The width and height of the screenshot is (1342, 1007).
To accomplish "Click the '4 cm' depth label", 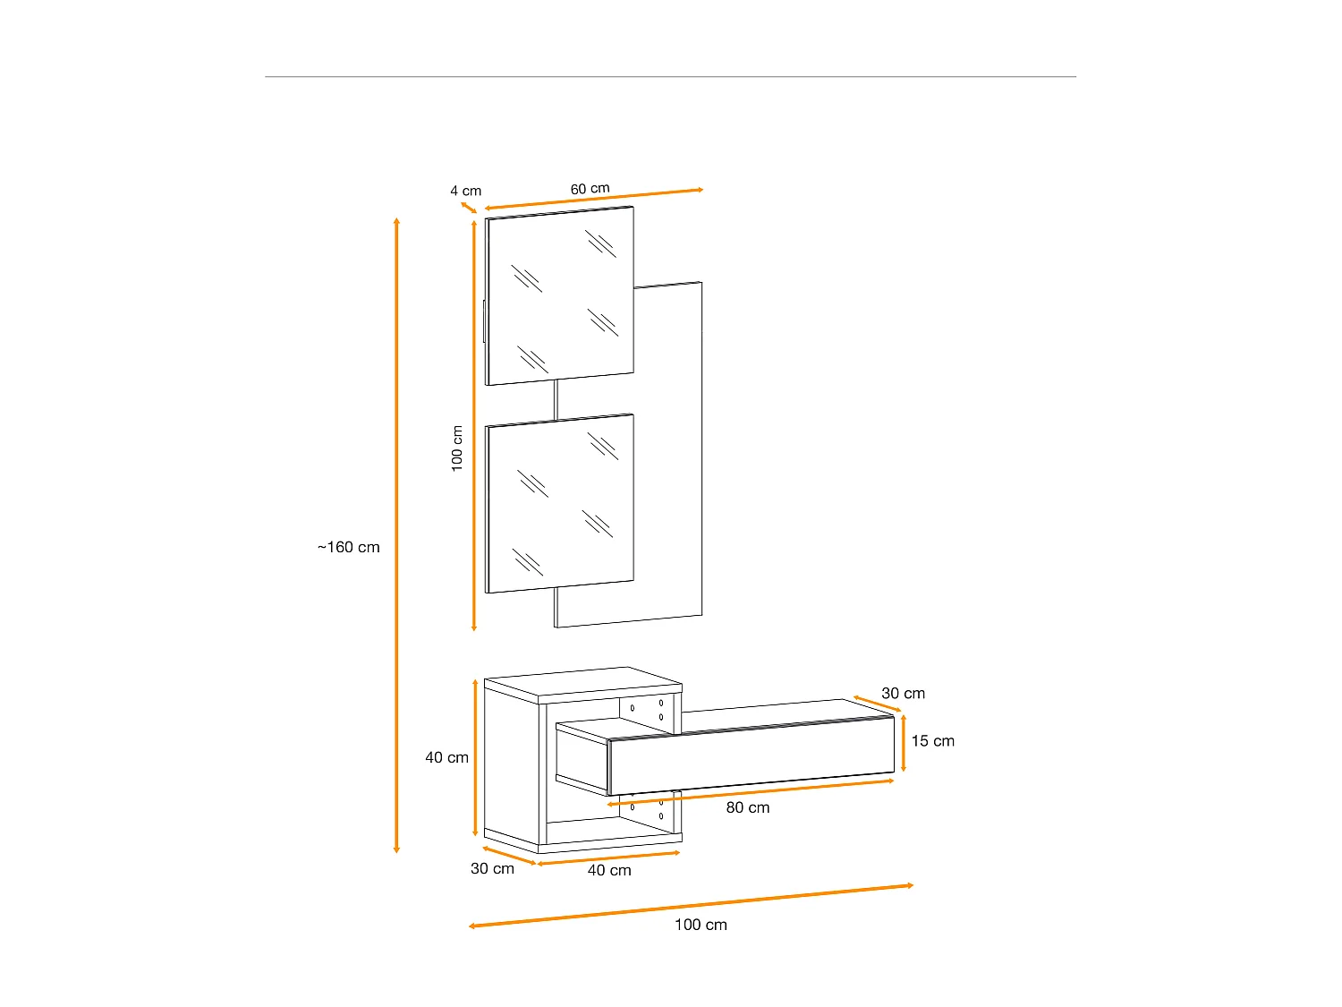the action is tap(465, 191).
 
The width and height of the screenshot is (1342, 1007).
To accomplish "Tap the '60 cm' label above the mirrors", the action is tap(590, 189).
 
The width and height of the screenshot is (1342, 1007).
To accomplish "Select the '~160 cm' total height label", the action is tap(348, 547).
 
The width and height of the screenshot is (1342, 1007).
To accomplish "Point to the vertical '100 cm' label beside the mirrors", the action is tap(457, 448).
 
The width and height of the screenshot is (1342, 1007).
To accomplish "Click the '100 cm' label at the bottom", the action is tap(701, 925).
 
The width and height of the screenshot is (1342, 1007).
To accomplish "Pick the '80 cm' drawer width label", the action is tap(747, 807).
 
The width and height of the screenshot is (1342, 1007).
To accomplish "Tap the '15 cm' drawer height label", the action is tap(932, 741).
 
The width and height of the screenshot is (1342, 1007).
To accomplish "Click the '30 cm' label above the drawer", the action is tap(903, 693).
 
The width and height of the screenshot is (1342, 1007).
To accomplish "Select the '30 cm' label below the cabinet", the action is tap(492, 868).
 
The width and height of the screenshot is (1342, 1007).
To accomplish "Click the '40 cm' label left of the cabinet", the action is tap(446, 757).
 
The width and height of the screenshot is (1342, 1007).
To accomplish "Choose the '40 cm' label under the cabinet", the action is tap(609, 870).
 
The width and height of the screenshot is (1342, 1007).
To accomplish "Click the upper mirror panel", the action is tap(560, 295).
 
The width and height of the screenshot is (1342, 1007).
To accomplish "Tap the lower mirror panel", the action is tap(560, 502).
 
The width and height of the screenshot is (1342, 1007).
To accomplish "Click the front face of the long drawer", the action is tap(752, 756).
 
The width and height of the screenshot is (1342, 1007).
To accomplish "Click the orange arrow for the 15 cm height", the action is tap(904, 743).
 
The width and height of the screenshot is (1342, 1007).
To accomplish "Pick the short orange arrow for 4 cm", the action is tap(469, 209).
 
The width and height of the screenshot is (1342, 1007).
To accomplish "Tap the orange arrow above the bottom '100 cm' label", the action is tap(691, 906).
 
